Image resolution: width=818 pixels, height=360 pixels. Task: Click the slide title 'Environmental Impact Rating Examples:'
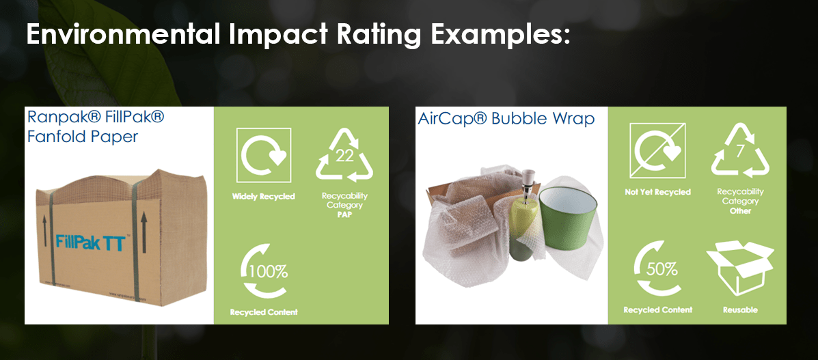point(298,34)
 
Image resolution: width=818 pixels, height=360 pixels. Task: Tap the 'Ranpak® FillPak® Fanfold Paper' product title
point(96,126)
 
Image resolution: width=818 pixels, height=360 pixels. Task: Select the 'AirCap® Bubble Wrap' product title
point(506,119)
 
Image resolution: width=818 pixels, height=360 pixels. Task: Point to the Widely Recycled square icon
point(264,155)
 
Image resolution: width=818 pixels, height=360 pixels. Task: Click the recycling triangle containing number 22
point(344,158)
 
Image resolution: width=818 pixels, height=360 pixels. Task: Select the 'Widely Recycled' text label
point(264,197)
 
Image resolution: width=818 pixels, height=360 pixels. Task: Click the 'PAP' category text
point(344,214)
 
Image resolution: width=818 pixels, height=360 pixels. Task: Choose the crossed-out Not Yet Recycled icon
point(657,150)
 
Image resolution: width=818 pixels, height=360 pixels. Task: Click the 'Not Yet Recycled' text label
point(657,192)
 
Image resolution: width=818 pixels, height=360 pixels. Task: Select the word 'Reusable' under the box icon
point(740,309)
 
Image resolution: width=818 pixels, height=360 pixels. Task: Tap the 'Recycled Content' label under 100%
point(264,312)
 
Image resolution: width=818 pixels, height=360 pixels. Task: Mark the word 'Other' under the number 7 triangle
point(740,211)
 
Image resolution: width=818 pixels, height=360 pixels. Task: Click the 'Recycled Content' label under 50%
point(657,309)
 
